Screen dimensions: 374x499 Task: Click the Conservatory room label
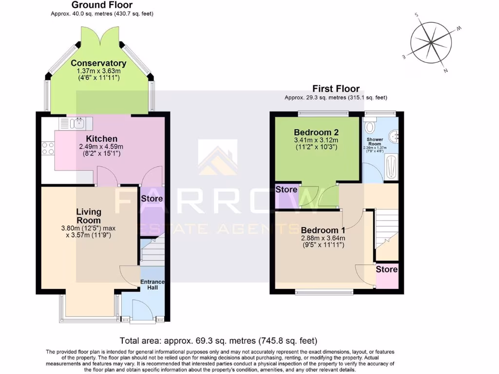click(98, 63)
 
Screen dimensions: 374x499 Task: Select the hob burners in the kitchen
click(48, 148)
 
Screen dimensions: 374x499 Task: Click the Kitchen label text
click(102, 139)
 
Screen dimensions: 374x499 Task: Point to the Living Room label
click(89, 216)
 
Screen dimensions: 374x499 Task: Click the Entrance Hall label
click(153, 284)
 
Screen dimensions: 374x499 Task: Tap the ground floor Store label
click(152, 199)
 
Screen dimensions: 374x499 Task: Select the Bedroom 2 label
click(316, 132)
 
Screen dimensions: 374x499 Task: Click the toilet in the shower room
click(370, 127)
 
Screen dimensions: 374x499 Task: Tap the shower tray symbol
click(391, 167)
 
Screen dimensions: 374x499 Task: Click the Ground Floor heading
click(102, 5)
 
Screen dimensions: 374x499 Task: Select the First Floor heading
click(336, 89)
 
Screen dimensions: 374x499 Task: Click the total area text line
click(218, 340)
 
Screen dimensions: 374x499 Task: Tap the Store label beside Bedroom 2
click(287, 189)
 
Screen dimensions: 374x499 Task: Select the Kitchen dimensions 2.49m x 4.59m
click(101, 147)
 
